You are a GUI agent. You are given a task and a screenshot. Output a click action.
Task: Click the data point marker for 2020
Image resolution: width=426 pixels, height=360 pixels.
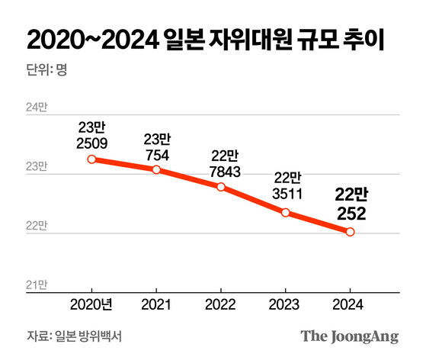(91, 159)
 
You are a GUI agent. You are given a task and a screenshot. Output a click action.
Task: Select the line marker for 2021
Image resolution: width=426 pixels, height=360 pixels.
(156, 169)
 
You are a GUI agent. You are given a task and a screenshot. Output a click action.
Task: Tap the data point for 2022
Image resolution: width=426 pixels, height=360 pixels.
(221, 187)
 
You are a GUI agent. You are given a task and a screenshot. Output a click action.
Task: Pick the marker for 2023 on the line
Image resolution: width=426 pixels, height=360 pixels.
(286, 212)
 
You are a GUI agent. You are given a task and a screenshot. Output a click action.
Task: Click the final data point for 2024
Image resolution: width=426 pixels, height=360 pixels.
(350, 232)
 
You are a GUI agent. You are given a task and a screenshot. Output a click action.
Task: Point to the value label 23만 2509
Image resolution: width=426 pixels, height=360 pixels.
(91, 134)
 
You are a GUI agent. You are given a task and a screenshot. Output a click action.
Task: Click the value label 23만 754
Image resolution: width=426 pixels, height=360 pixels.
(156, 146)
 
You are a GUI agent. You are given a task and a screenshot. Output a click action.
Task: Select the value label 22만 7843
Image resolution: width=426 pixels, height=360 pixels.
(221, 163)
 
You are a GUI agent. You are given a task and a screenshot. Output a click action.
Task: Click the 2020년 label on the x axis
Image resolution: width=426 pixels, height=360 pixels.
(91, 305)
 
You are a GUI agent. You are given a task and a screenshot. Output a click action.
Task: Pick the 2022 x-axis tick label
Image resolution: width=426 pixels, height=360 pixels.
(221, 305)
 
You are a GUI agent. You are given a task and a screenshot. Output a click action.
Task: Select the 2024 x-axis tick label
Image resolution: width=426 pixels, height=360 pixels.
(350, 305)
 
